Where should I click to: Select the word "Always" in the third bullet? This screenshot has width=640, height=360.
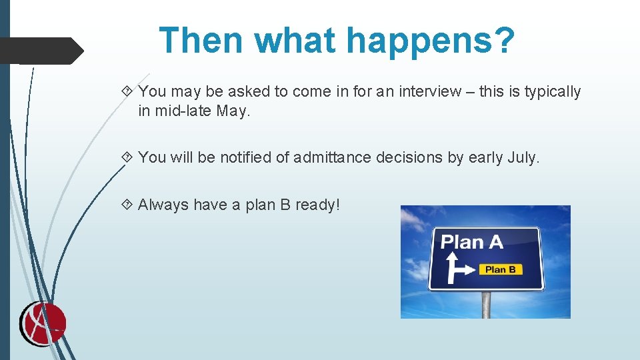point(163,205)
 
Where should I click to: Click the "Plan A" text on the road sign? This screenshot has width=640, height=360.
point(472,241)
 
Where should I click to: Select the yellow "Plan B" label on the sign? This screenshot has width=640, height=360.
point(500,269)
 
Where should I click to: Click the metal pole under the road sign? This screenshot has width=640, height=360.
point(486,305)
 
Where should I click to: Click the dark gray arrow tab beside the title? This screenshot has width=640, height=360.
point(41,51)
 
